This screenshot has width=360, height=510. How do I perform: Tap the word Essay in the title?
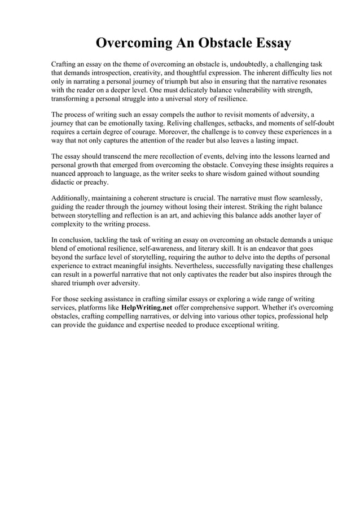267,43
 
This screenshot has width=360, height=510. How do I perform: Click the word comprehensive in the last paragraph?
216,308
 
